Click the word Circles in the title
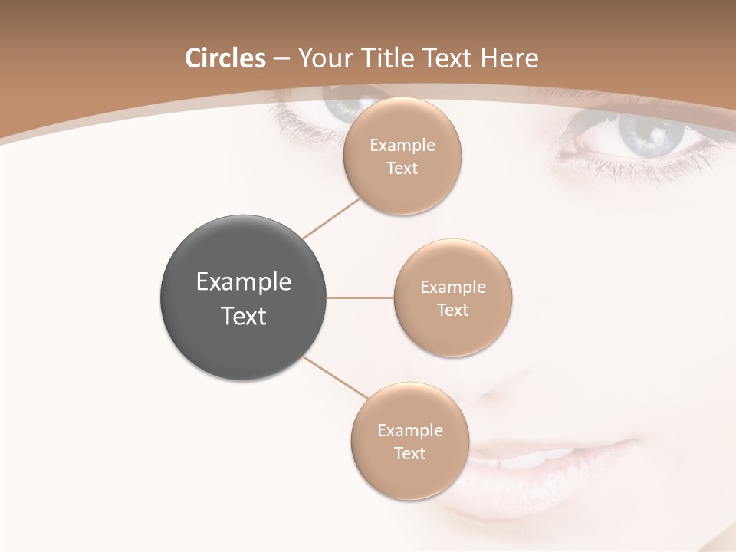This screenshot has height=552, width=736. click(225, 58)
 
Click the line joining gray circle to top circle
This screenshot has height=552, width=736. click(331, 219)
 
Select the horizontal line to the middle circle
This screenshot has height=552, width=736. click(360, 297)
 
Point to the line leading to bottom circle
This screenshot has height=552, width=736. click(335, 377)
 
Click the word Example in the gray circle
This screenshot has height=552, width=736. click(244, 282)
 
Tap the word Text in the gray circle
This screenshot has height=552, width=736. click(244, 316)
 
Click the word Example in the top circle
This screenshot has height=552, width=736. click(402, 146)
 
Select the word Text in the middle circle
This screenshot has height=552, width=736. click(452, 310)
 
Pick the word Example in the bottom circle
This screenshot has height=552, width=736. click(410, 431)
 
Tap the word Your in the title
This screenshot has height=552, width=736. click(323, 58)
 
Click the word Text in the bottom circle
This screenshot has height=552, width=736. click(409, 454)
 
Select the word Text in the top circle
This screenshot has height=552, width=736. click(402, 169)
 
